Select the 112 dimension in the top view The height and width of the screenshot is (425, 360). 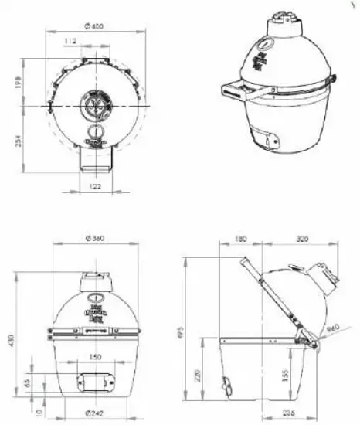pos(71,41)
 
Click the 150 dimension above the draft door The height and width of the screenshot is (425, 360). pos(94,357)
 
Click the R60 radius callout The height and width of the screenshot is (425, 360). pos(335,328)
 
